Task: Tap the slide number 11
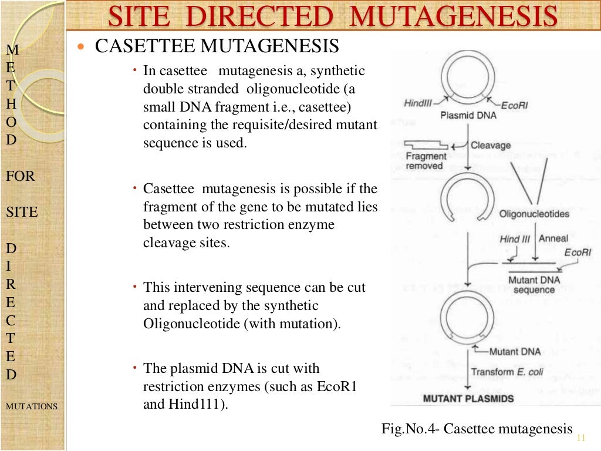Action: click(582, 437)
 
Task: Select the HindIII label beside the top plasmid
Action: click(418, 103)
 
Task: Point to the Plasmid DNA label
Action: click(468, 115)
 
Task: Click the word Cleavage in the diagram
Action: click(491, 145)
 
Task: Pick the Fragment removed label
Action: click(426, 161)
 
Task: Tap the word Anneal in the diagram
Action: click(553, 239)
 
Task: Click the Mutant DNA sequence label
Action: click(531, 285)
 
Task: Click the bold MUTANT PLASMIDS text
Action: click(468, 399)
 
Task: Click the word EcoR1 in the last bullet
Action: click(337, 387)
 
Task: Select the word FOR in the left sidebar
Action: click(20, 176)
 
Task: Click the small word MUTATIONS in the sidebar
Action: click(32, 406)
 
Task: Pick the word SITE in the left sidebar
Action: click(22, 212)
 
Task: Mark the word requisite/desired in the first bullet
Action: click(276, 125)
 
